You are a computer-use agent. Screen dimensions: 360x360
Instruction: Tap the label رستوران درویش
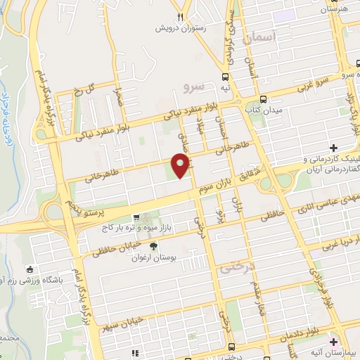(184, 30)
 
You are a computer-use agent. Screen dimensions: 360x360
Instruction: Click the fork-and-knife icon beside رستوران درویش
(181, 17)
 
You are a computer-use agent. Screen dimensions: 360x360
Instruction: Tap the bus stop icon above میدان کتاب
(262, 99)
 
